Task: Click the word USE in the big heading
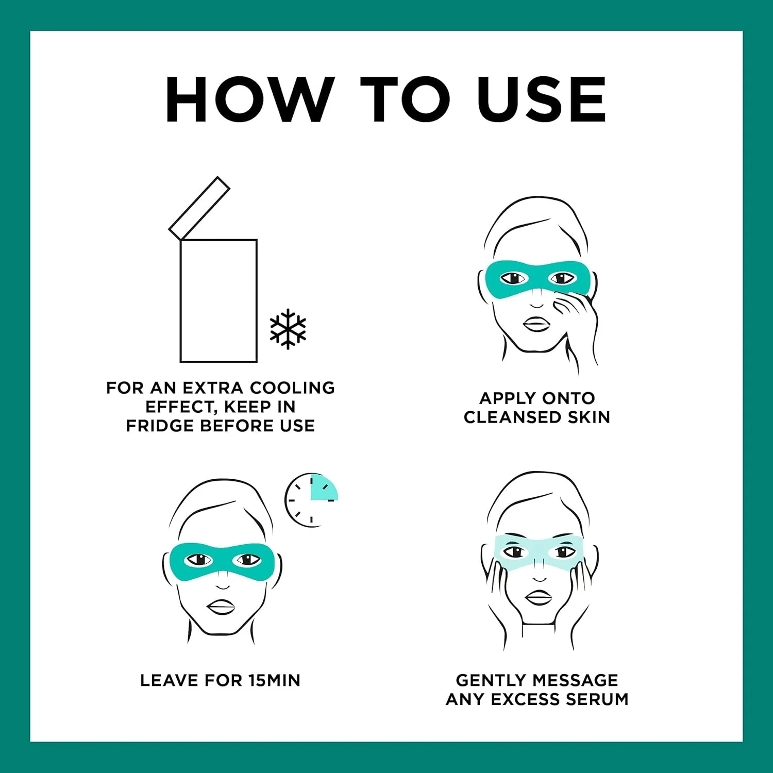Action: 542,99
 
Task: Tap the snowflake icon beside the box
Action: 288,329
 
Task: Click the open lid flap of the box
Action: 199,208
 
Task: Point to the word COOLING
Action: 293,388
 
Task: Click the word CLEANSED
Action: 513,417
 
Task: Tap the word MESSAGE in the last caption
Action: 573,680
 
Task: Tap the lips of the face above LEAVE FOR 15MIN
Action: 222,607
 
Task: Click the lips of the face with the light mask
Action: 539,598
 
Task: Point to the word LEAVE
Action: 170,680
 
